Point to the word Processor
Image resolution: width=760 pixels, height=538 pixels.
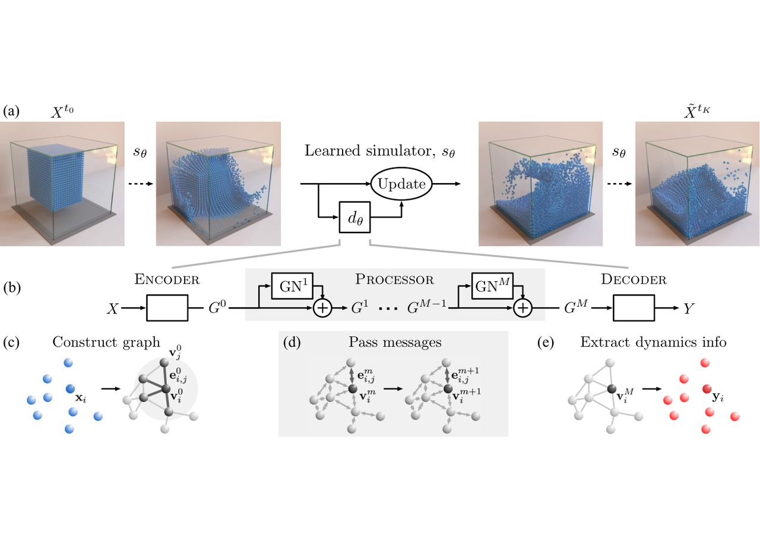(395, 279)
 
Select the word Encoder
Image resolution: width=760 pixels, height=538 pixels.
(167, 279)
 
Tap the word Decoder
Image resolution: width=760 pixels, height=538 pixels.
(634, 279)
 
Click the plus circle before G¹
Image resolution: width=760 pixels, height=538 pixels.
(322, 308)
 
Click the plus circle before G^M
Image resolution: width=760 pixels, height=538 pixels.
(523, 308)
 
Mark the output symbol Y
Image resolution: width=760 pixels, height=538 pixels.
(688, 309)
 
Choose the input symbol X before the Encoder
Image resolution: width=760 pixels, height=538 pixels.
(113, 309)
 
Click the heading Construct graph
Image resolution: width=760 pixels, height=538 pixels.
(106, 342)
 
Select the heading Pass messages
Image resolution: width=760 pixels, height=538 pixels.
(395, 342)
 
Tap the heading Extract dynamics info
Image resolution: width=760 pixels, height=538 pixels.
(654, 342)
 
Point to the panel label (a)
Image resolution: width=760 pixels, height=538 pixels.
(11, 111)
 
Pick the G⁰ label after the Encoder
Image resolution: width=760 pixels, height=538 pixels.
(217, 307)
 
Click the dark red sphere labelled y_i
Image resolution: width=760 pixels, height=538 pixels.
(707, 389)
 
